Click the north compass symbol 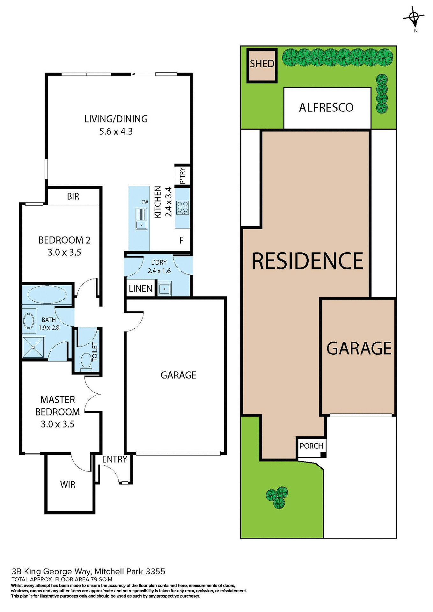pyautogui.click(x=414, y=17)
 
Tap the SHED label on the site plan pyautogui.click(x=262, y=64)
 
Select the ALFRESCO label pyautogui.click(x=326, y=108)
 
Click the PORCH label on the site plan pyautogui.click(x=311, y=446)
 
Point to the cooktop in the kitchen pyautogui.click(x=183, y=207)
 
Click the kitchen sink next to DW pyautogui.click(x=141, y=219)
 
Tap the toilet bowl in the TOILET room pyautogui.click(x=86, y=362)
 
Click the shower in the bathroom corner pyautogui.click(x=33, y=347)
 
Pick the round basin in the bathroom pyautogui.click(x=29, y=320)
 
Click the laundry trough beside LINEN pyautogui.click(x=165, y=289)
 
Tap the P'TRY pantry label pyautogui.click(x=182, y=176)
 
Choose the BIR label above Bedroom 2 pyautogui.click(x=73, y=197)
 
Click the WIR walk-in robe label pyautogui.click(x=68, y=484)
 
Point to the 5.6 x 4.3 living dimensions pyautogui.click(x=116, y=131)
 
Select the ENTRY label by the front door pyautogui.click(x=114, y=459)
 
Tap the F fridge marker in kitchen pyautogui.click(x=181, y=240)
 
